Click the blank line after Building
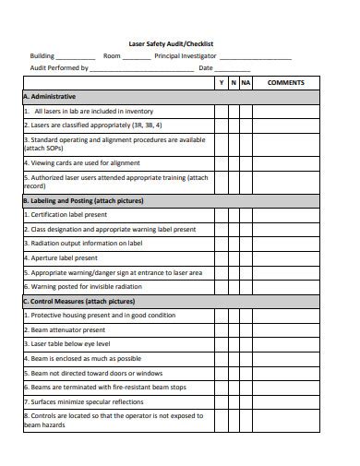click(77, 57)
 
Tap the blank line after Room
click(137, 57)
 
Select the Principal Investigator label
click(186, 55)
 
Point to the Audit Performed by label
click(59, 68)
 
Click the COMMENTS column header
click(285, 82)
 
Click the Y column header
click(221, 82)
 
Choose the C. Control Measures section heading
click(76, 301)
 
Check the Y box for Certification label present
click(221, 214)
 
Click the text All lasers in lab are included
click(88, 111)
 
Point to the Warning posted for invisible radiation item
click(83, 287)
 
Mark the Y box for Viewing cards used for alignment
click(221, 161)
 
